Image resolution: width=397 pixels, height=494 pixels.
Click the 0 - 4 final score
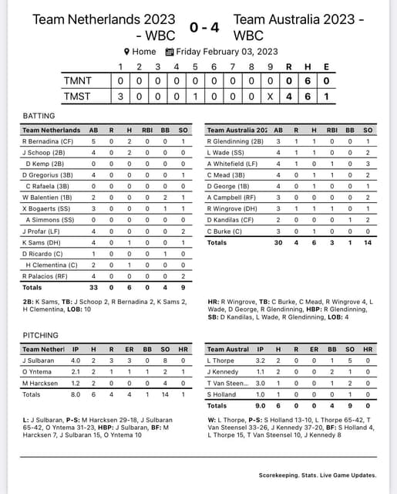coord(204,28)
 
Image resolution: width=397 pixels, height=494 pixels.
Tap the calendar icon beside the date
coord(170,52)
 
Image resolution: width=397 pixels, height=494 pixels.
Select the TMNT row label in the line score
coord(79,80)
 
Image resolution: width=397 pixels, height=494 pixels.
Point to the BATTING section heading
coord(39,116)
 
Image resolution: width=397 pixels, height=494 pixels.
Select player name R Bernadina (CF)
coord(49,141)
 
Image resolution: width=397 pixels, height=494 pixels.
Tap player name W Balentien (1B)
coord(50,198)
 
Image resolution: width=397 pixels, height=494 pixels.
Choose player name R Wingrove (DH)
coord(234,208)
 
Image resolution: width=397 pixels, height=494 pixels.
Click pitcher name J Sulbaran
coord(39,360)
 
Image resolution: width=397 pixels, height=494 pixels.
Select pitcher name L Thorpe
coord(220,360)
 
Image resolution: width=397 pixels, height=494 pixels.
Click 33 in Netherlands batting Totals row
coord(93,287)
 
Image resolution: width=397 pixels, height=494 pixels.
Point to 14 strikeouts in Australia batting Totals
coord(368,242)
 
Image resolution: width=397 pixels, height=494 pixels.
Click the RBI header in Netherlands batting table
coord(146,130)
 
